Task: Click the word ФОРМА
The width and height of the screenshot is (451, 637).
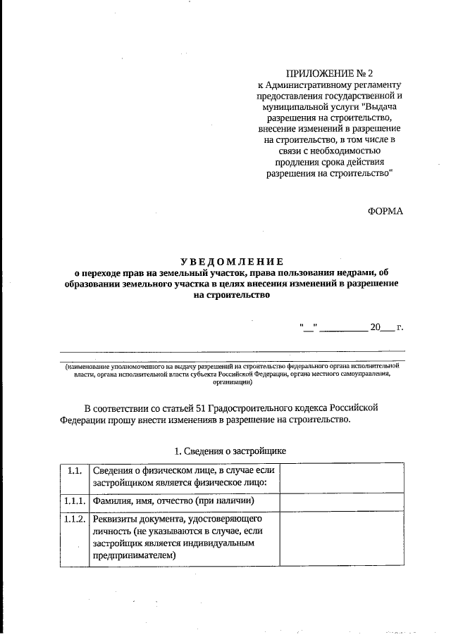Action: click(385, 211)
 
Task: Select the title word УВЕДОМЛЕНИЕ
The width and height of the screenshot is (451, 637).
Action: click(232, 260)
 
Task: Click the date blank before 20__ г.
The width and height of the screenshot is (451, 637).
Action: click(342, 327)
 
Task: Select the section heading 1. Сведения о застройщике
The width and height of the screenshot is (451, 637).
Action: click(230, 450)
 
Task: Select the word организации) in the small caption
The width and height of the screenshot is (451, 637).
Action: click(232, 384)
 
